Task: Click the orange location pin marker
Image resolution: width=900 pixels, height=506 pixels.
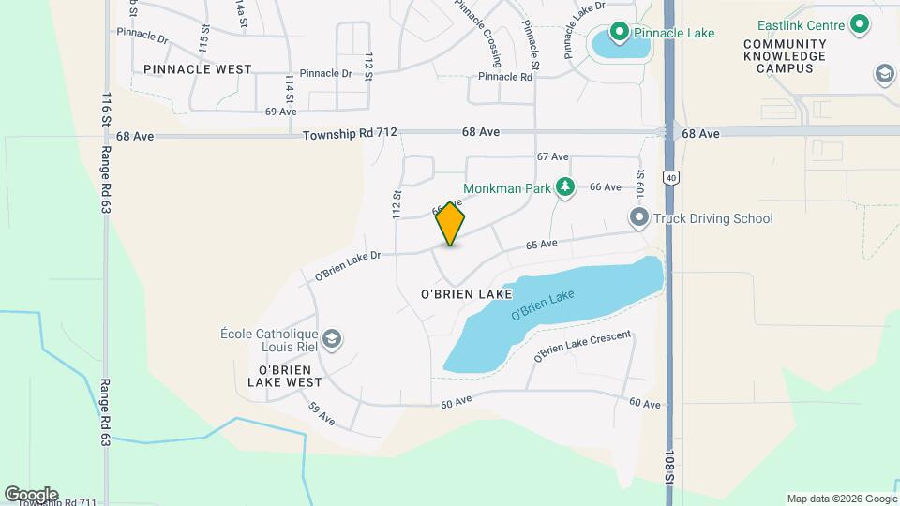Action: (451, 224)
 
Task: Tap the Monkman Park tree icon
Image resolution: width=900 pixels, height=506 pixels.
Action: (564, 188)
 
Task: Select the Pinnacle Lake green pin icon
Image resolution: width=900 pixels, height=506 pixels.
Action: (619, 34)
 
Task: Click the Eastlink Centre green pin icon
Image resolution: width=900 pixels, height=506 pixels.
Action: (860, 26)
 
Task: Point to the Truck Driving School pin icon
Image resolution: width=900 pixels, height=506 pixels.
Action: (639, 218)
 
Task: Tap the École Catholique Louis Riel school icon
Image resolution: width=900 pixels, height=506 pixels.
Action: (331, 337)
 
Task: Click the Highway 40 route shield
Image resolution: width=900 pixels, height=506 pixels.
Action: (670, 176)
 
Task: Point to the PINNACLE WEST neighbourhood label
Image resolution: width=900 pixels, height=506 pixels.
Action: (198, 69)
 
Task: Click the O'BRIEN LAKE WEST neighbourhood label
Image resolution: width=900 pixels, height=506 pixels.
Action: (284, 375)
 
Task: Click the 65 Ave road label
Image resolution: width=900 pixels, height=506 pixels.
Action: (542, 245)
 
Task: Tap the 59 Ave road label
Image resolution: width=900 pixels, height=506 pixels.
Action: (321, 413)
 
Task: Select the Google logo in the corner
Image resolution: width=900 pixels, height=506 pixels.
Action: (31, 494)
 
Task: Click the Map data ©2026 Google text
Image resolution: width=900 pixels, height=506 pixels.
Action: (841, 499)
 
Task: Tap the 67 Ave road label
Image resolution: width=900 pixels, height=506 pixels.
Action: (553, 156)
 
